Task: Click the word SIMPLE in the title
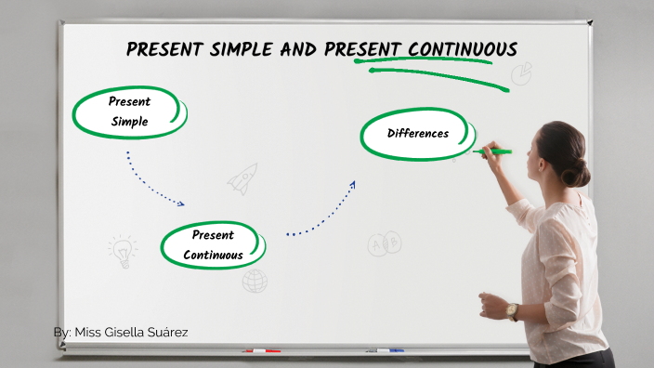[234, 49]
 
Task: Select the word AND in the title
[300, 49]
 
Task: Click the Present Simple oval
[130, 112]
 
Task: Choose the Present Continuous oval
[213, 245]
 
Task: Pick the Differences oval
[417, 134]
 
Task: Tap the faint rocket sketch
[243, 177]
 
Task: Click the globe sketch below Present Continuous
[254, 281]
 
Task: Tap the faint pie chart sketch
[521, 72]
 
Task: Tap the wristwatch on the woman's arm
[512, 311]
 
